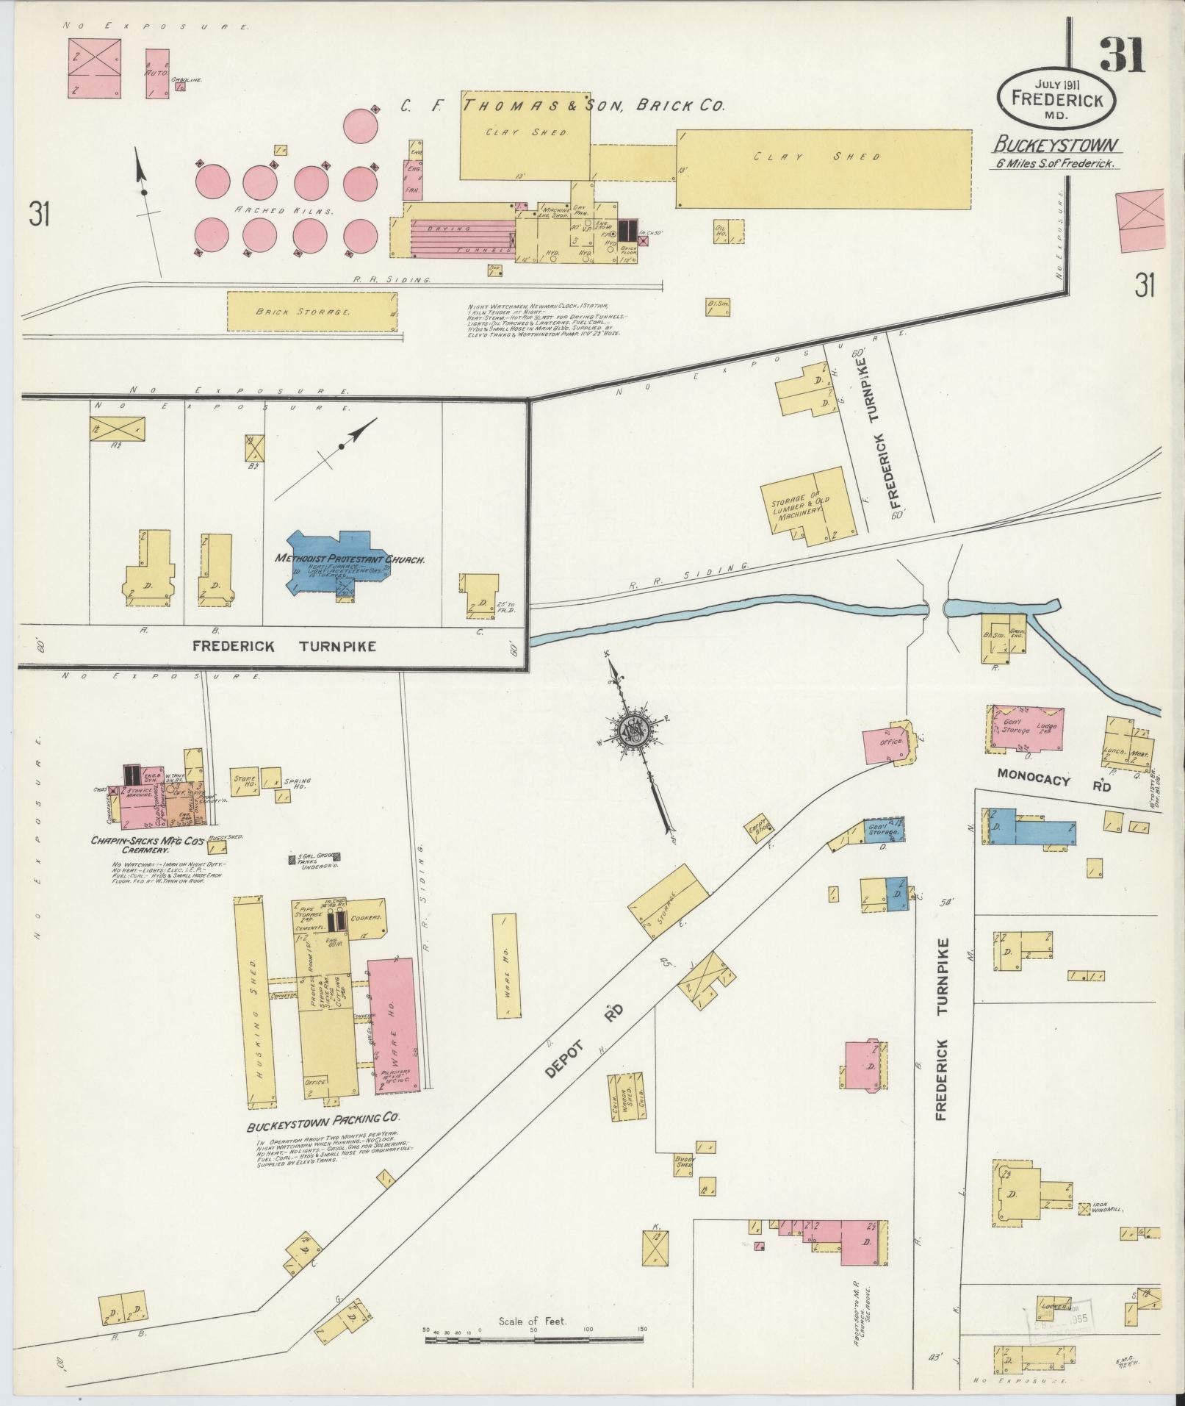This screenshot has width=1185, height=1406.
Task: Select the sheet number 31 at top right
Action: (x=1122, y=56)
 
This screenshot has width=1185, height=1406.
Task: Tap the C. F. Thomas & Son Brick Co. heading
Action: (x=562, y=106)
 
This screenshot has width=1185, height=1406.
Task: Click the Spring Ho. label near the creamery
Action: (x=301, y=783)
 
